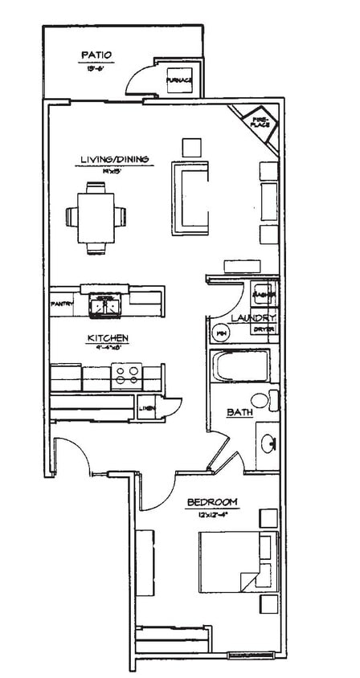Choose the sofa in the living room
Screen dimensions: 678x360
point(190,194)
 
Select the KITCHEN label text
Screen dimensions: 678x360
point(108,338)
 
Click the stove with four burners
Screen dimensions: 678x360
point(126,373)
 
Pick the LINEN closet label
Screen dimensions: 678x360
point(147,409)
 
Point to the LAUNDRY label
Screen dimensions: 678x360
point(254,318)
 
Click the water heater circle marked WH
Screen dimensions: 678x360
point(219,331)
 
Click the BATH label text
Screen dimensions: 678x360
point(239,413)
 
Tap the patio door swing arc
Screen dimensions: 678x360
point(137,79)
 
